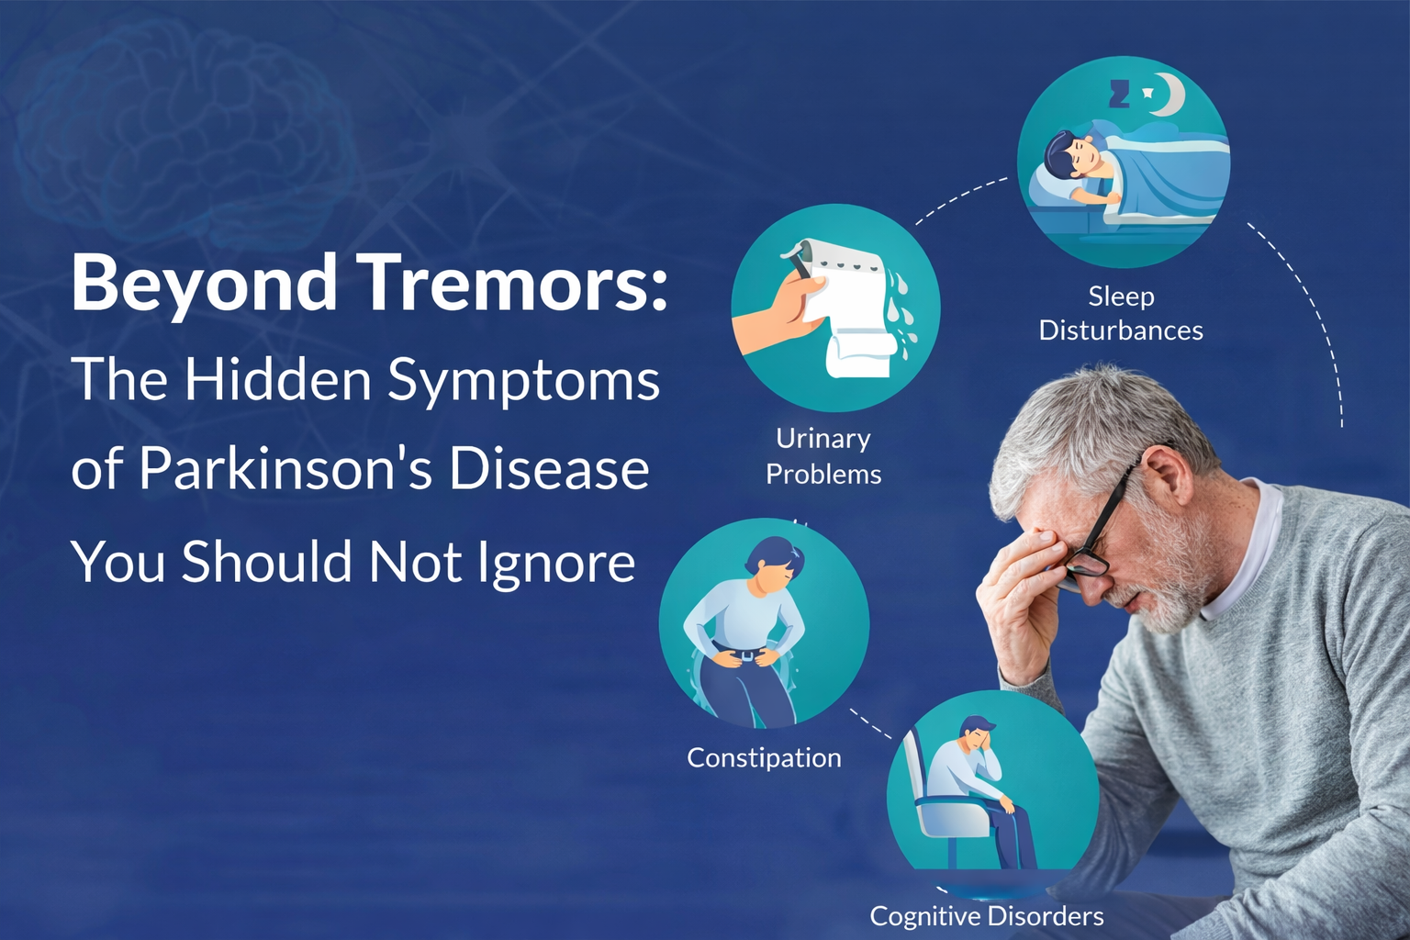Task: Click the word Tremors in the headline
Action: click(x=514, y=283)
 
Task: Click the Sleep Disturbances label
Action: click(x=1121, y=313)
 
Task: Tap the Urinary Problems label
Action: click(x=823, y=456)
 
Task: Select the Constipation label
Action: click(x=764, y=757)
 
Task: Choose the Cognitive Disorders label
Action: click(x=987, y=915)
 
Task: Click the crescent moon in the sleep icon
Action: click(x=1170, y=95)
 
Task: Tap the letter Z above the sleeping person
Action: click(x=1119, y=94)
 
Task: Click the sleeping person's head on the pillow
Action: click(x=1072, y=154)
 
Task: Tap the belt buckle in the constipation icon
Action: click(x=748, y=655)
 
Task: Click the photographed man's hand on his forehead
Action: click(x=1024, y=587)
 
